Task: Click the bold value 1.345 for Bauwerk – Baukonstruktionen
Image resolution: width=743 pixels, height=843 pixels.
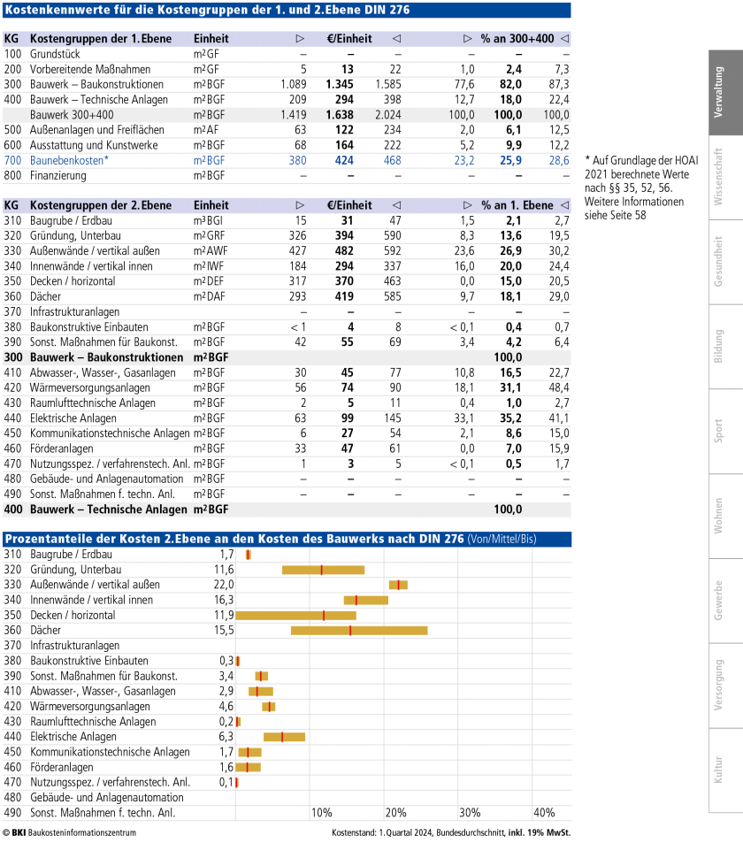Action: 340,84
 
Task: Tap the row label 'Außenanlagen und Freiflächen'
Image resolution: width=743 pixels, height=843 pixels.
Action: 88,130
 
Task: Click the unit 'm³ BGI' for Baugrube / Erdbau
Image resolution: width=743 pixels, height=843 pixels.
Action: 209,220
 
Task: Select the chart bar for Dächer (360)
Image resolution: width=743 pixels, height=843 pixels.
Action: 358,630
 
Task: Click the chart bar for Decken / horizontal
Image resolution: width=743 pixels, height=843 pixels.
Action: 295,615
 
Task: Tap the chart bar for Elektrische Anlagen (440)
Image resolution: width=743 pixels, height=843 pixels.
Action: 284,736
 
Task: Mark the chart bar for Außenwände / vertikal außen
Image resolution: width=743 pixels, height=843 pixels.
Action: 398,585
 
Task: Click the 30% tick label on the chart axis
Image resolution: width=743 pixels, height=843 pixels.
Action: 470,812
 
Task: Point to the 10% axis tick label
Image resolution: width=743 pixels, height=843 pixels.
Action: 321,812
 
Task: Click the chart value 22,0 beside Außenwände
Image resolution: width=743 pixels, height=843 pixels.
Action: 224,585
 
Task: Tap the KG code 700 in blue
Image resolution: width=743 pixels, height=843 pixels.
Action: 12,160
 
